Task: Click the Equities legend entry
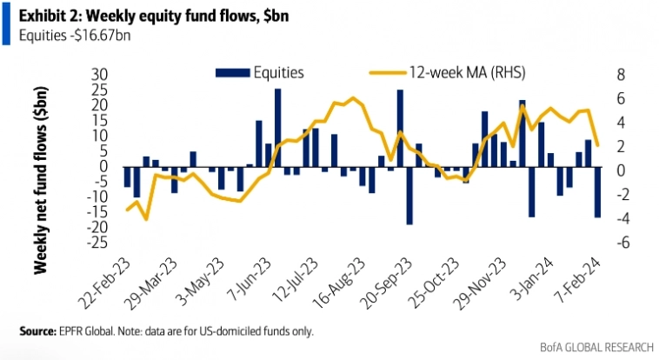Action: click(x=277, y=72)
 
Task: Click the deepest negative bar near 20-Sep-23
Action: click(x=409, y=195)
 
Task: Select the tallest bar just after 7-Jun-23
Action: click(x=277, y=128)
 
